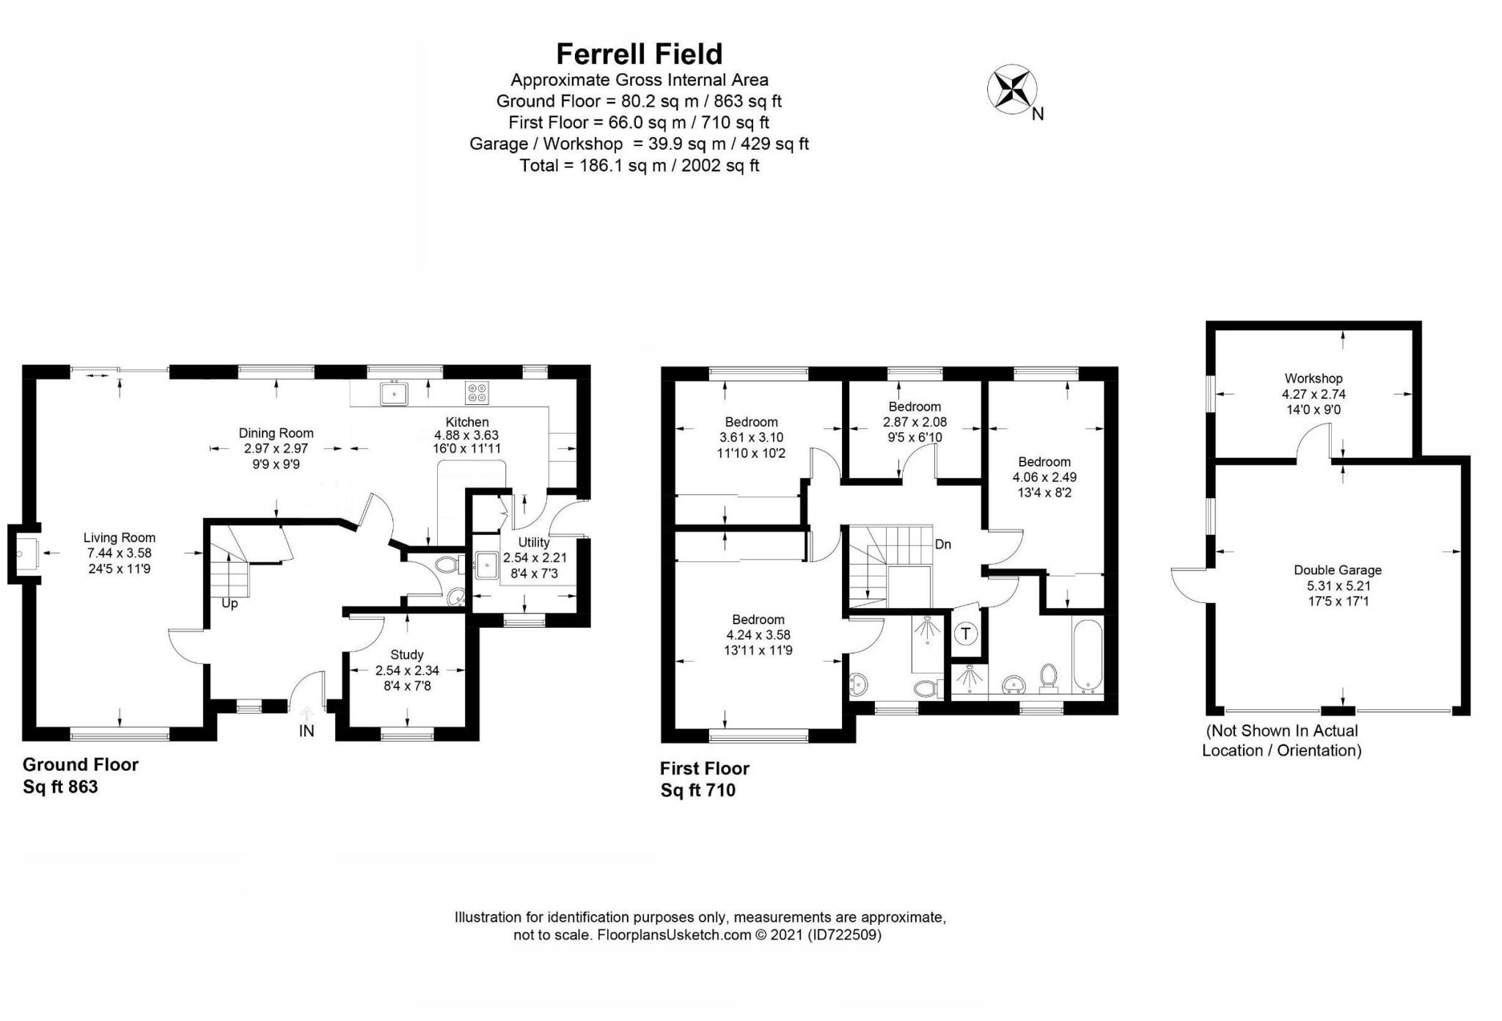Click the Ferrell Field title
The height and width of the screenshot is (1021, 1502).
click(639, 54)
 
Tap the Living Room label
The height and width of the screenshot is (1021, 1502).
click(119, 538)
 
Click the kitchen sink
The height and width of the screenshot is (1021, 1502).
click(394, 394)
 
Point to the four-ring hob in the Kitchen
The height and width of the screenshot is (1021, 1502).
click(476, 393)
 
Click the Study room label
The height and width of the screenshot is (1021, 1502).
click(406, 654)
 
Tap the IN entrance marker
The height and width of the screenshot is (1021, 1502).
click(306, 731)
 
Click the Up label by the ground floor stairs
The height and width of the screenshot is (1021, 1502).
click(230, 604)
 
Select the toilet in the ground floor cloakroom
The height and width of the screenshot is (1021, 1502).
click(447, 565)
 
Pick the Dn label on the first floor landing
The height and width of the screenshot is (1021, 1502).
click(942, 544)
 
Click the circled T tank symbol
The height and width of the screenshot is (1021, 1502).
click(966, 634)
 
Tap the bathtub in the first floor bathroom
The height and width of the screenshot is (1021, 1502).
click(1086, 657)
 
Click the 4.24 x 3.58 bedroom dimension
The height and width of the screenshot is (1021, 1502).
click(758, 635)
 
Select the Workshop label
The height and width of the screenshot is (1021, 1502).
click(1313, 378)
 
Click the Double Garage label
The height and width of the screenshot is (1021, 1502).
click(1337, 570)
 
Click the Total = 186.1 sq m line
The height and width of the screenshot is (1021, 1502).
click(639, 166)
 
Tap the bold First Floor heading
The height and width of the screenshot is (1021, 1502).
click(704, 769)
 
